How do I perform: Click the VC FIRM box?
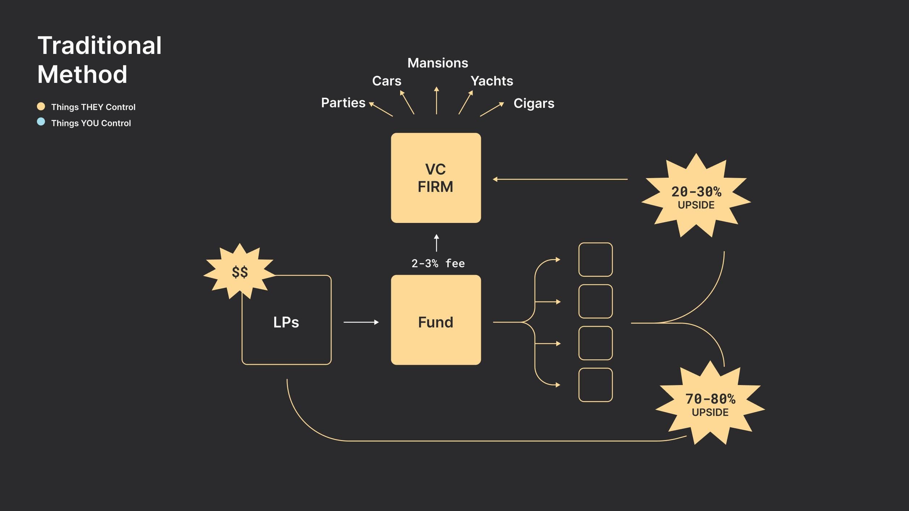[x=436, y=178]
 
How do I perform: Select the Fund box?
[x=436, y=320]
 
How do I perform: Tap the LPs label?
[x=286, y=322]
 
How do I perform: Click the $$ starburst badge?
[x=240, y=272]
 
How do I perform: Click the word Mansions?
[x=437, y=63]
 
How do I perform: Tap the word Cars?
[x=386, y=81]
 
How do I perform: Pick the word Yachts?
[x=491, y=81]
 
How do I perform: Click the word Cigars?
[x=534, y=104]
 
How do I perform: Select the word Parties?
[x=343, y=103]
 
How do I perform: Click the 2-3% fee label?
[x=438, y=263]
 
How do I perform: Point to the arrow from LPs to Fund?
[x=361, y=322]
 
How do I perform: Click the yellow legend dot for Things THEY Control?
[x=41, y=106]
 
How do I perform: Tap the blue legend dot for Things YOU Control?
[x=41, y=122]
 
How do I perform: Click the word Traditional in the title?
[x=100, y=46]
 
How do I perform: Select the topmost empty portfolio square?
[x=595, y=259]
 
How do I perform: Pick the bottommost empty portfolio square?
[x=595, y=385]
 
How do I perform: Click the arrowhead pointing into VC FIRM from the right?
[x=495, y=179]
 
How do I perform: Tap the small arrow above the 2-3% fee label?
[x=436, y=242]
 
